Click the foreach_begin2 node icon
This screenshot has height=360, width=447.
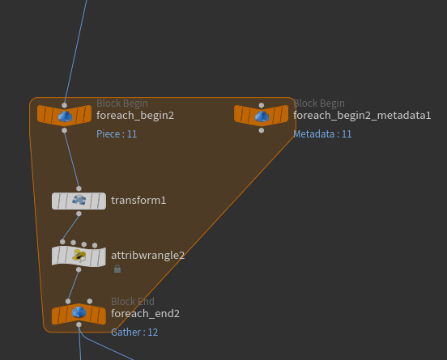click(x=65, y=116)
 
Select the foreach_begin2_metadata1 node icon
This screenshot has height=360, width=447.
click(x=262, y=116)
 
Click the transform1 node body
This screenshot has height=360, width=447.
click(x=79, y=201)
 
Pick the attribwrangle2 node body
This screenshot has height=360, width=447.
click(x=79, y=256)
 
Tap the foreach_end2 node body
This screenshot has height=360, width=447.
click(x=79, y=314)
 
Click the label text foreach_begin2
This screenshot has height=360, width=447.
click(x=135, y=116)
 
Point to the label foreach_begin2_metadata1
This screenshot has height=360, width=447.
click(x=362, y=116)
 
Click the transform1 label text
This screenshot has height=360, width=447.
click(x=138, y=200)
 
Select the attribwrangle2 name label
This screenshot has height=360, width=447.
click(x=147, y=256)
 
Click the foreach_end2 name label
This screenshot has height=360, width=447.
click(x=146, y=314)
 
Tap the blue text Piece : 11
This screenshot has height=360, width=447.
click(x=117, y=133)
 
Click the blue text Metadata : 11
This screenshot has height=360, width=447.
click(x=322, y=133)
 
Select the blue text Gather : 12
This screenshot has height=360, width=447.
click(x=134, y=332)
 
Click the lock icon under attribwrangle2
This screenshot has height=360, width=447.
click(x=117, y=269)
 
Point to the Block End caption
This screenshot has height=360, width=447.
click(x=133, y=301)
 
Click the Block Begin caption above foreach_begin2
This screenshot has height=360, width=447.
click(x=122, y=103)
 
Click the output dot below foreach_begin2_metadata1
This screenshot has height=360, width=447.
click(x=262, y=130)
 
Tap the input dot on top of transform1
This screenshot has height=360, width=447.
click(x=79, y=188)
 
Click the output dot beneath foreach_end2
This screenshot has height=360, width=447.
click(x=79, y=324)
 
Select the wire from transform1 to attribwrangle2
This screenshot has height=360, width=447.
click(x=70, y=228)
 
